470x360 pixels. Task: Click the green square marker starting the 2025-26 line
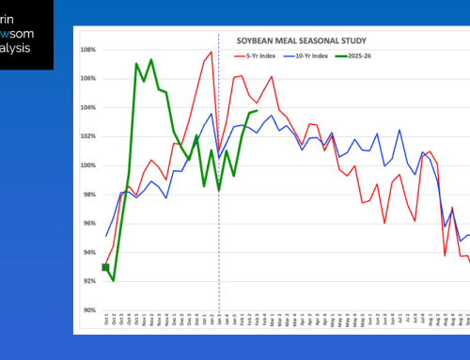point(105,267)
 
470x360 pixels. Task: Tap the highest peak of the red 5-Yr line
point(211,54)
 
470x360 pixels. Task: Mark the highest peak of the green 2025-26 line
point(151,60)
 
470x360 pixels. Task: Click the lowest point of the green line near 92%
point(114,280)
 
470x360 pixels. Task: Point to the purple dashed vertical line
point(219,188)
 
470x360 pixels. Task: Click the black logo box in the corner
point(26,34)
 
